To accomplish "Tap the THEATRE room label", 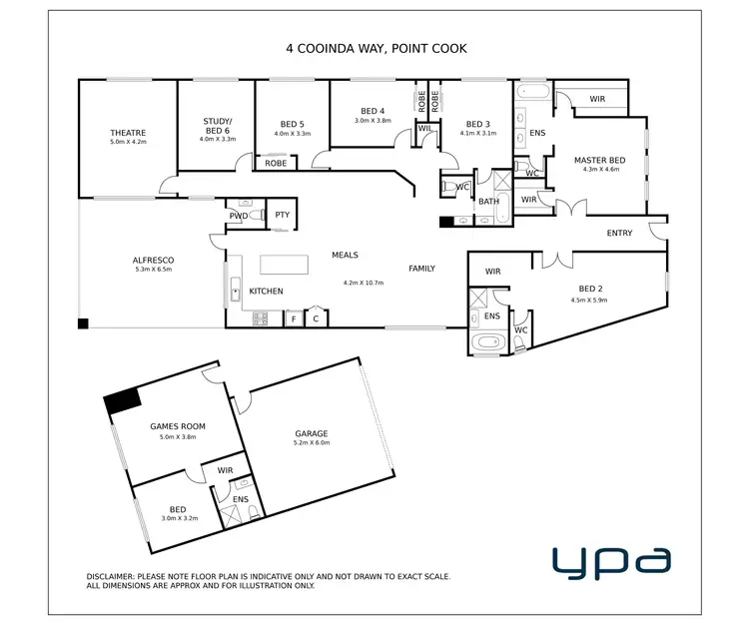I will [128, 133].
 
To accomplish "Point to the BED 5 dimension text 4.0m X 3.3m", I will [293, 134].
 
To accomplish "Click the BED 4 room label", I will [372, 111].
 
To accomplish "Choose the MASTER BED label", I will [599, 160].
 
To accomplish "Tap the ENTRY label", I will [619, 233].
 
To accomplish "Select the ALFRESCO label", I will [154, 260].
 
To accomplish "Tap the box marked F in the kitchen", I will [294, 318].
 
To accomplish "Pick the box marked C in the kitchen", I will [316, 318].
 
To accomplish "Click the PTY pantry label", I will [282, 214].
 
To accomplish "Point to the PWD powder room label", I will [238, 215].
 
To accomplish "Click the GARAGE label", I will [311, 433].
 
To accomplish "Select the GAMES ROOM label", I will [178, 426].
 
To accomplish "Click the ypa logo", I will [611, 561].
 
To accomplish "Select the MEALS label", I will [345, 256].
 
